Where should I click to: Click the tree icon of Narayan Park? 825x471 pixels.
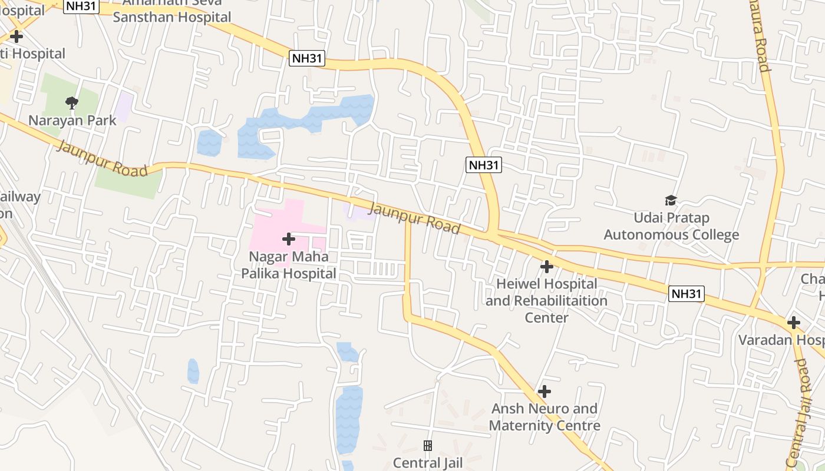click(x=72, y=103)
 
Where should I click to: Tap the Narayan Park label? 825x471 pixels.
click(x=72, y=120)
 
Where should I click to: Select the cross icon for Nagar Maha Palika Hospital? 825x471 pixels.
click(x=289, y=239)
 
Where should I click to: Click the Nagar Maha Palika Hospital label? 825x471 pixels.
click(x=289, y=265)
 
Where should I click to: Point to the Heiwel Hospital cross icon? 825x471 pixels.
click(x=547, y=267)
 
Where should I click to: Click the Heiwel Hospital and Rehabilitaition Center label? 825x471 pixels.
click(x=546, y=300)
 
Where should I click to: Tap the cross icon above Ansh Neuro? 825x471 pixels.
click(x=544, y=392)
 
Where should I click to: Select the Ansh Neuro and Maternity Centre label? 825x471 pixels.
click(x=544, y=417)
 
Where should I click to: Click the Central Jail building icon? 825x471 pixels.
click(x=428, y=446)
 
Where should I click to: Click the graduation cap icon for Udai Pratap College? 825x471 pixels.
click(x=671, y=201)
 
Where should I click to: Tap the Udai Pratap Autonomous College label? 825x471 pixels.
click(x=671, y=227)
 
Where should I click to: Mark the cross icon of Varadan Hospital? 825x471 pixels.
click(x=794, y=323)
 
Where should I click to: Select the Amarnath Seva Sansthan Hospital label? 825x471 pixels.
click(x=171, y=10)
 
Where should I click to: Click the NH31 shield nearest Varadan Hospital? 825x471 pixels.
click(x=687, y=293)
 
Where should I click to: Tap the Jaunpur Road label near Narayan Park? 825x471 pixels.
click(x=101, y=158)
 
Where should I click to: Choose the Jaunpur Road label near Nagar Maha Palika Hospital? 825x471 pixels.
click(x=414, y=218)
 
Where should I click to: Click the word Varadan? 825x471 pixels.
click(x=764, y=340)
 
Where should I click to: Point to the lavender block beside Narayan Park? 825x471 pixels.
click(x=124, y=106)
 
